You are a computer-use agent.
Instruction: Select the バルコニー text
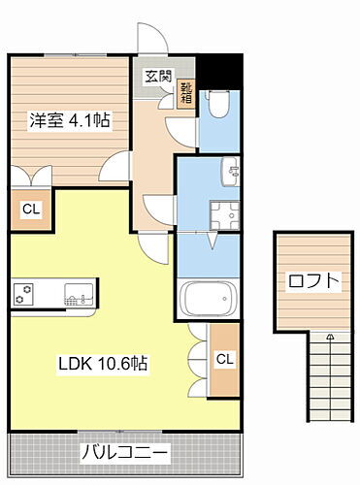[x=124, y=451]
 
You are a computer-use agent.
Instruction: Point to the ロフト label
[x=314, y=282]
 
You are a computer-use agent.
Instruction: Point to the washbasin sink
[x=232, y=171]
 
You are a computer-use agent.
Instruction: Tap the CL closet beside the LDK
[x=224, y=360]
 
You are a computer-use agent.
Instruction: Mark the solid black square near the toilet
[x=226, y=68]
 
